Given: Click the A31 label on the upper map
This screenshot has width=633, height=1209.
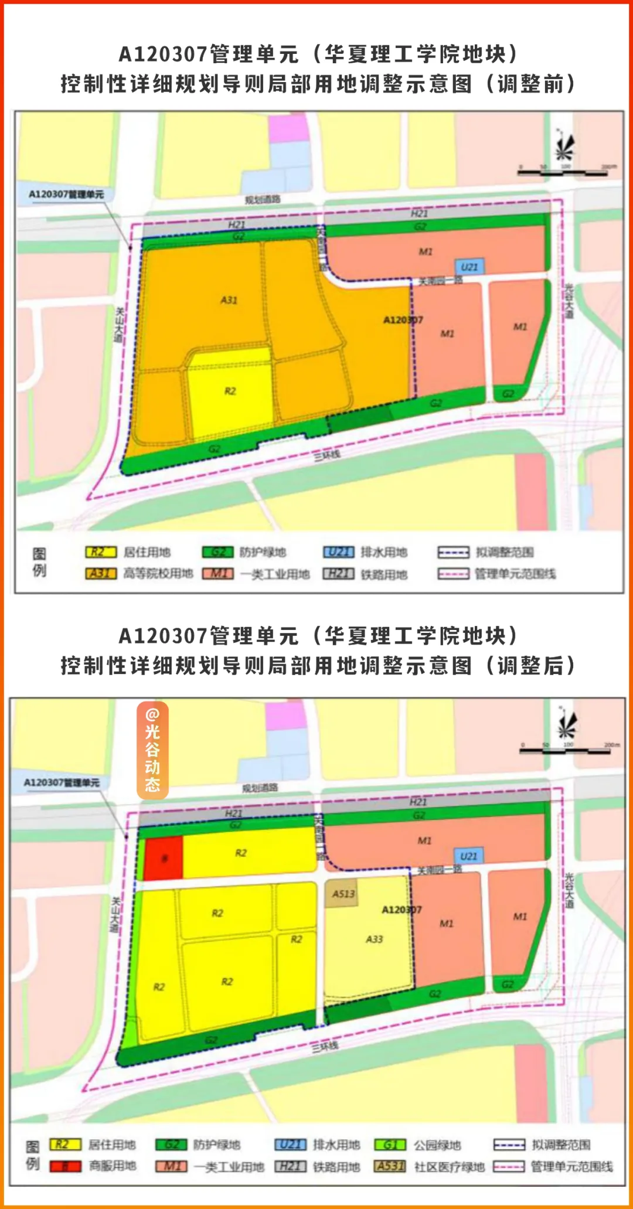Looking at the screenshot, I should (229, 300).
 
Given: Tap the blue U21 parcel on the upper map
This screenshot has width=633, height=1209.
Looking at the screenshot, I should (469, 267).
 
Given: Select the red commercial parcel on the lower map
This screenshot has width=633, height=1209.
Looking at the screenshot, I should (164, 859).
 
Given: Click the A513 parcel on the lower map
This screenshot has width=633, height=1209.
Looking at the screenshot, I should (343, 894).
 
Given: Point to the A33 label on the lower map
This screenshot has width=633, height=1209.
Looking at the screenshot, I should (374, 939).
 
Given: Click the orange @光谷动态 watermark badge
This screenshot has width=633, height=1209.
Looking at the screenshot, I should (152, 751).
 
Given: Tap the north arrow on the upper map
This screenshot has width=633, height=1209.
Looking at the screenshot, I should (564, 145).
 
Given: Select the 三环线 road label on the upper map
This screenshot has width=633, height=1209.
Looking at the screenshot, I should (327, 455).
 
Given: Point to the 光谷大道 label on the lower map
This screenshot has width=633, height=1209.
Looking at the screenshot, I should (569, 891).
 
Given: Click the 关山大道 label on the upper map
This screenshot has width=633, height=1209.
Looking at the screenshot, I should (119, 325).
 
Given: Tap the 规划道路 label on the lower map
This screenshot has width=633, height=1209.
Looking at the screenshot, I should (260, 788).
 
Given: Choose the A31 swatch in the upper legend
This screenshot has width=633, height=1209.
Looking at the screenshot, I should (101, 573).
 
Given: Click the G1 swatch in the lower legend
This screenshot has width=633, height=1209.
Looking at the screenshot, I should (390, 1145).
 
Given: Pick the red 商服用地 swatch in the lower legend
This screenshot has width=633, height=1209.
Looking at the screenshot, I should (65, 1166).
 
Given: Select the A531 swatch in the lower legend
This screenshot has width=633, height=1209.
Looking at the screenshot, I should (390, 1166).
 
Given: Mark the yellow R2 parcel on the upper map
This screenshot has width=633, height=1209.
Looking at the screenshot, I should (230, 391).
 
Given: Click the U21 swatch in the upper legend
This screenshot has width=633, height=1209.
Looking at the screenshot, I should (339, 552).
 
